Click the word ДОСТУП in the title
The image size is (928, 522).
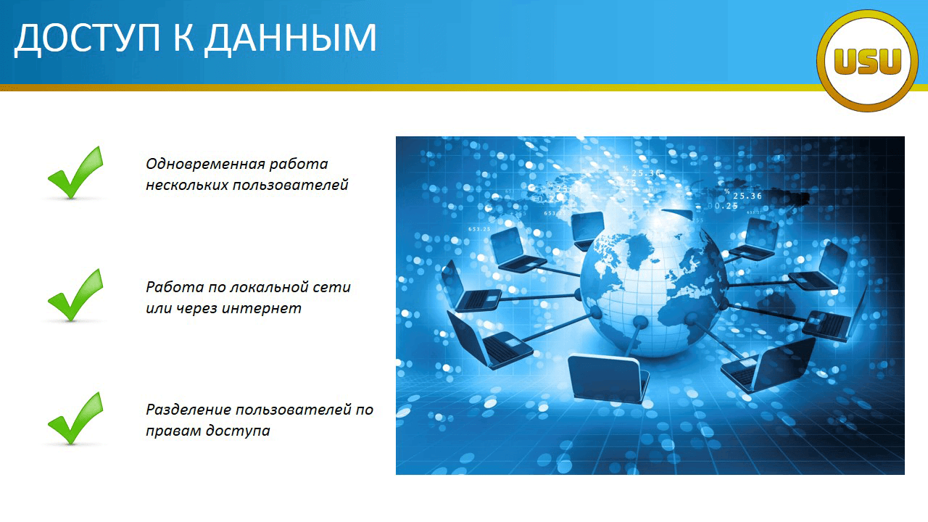pyautogui.click(x=88, y=38)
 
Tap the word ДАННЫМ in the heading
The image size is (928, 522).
pyautogui.click(x=291, y=38)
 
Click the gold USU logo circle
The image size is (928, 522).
pyautogui.click(x=868, y=61)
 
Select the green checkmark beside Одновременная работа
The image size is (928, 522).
pyautogui.click(x=75, y=173)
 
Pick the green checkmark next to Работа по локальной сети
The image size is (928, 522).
pyautogui.click(x=75, y=295)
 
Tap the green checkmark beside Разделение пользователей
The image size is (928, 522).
pyautogui.click(x=75, y=418)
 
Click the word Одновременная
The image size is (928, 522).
pyautogui.click(x=205, y=165)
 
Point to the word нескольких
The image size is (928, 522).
pyautogui.click(x=187, y=185)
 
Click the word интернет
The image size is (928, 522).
pyautogui.click(x=262, y=308)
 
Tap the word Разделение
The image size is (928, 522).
pyautogui.click(x=188, y=410)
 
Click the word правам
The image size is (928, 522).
pyautogui.click(x=173, y=431)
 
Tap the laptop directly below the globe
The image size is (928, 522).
pyautogui.click(x=608, y=378)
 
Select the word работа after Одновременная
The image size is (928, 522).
pyautogui.click(x=299, y=165)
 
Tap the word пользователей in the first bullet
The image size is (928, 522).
pyautogui.click(x=291, y=185)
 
